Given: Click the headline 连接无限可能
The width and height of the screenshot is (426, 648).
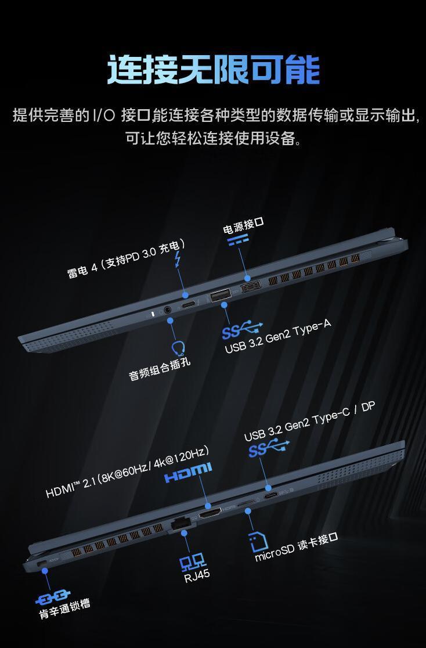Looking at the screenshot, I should pos(213,70).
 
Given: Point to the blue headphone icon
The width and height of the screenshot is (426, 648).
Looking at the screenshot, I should pos(179,348).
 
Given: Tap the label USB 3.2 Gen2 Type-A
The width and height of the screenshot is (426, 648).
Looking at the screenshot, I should pos(277,337).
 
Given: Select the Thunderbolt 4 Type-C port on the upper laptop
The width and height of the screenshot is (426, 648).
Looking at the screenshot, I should pos(188,305).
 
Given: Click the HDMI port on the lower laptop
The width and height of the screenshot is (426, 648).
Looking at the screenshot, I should pos(210,513).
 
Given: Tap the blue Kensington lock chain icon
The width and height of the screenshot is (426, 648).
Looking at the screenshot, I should pos(52,598).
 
